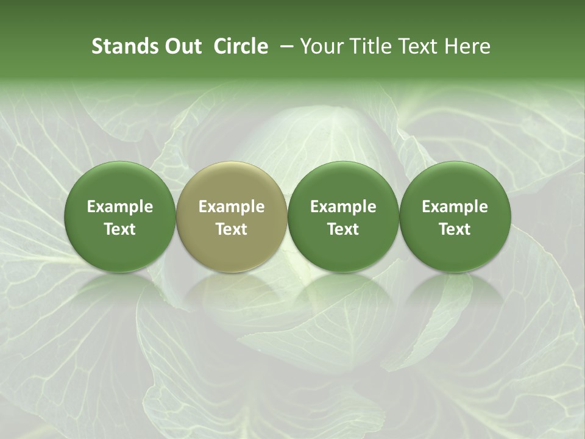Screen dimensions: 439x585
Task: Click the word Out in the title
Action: tap(181, 46)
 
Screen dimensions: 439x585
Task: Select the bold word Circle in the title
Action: tap(241, 46)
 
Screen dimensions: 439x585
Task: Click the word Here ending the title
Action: tap(467, 46)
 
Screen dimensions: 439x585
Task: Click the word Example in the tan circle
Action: tap(232, 207)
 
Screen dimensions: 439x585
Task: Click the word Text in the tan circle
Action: tap(232, 229)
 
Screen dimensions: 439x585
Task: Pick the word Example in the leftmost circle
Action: tap(120, 207)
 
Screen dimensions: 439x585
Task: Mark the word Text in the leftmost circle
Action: tap(120, 229)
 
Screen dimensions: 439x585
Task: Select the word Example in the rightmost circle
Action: tap(455, 207)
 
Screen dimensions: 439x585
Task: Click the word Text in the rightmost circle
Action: tap(455, 229)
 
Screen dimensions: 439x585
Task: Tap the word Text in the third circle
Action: tap(343, 229)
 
